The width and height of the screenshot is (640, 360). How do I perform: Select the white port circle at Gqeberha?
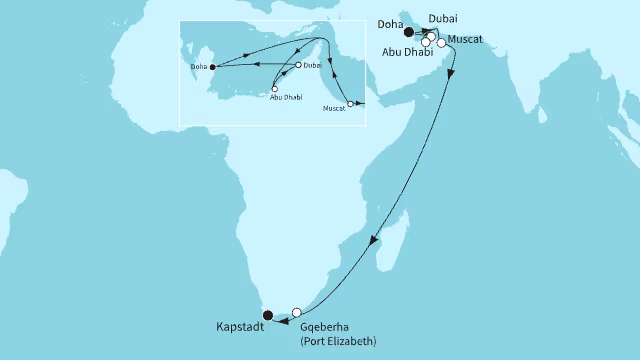(296, 312)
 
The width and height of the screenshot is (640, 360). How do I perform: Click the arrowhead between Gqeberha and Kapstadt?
(277, 319)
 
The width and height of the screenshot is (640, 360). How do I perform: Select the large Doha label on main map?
(390, 19)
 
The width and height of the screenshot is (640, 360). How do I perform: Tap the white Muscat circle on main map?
(442, 43)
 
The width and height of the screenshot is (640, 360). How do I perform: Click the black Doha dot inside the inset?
(213, 67)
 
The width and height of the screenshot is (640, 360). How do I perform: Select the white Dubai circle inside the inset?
(299, 65)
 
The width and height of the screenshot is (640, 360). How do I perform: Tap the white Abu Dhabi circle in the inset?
(275, 89)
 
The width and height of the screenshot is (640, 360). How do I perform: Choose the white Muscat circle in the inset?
(350, 103)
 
